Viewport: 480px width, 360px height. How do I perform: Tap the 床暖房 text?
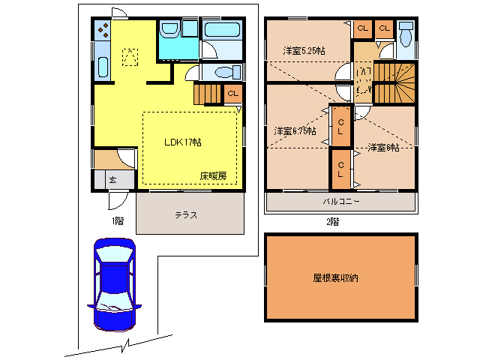coord(213,176)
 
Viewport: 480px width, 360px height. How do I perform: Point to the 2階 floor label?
coord(332,222)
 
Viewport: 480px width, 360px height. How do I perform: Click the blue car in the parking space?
coord(114,284)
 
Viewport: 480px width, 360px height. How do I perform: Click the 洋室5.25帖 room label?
coord(304,51)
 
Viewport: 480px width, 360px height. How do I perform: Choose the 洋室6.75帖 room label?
coord(294,130)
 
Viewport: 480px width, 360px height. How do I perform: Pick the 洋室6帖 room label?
coord(382,148)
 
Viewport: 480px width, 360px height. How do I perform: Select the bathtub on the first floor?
coord(222,32)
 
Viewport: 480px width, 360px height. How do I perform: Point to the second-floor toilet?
coord(407,37)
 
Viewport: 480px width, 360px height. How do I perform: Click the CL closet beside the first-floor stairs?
coord(232,94)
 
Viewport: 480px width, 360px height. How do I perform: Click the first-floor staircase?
coord(208,94)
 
